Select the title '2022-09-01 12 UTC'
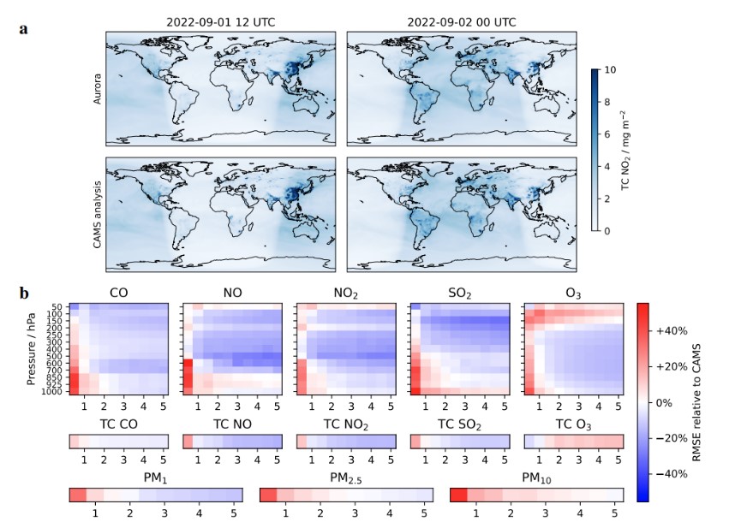click(x=223, y=22)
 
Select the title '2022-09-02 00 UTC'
click(x=463, y=22)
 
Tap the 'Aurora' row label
click(x=98, y=87)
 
